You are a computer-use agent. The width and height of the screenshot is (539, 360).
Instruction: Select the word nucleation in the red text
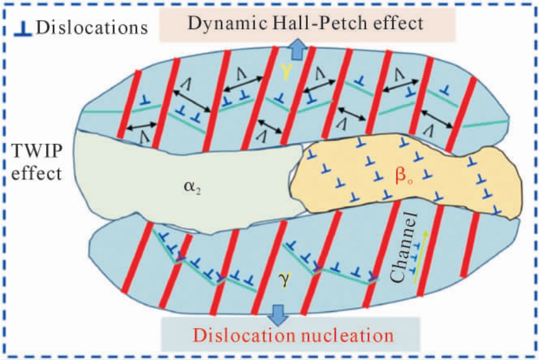point(347,335)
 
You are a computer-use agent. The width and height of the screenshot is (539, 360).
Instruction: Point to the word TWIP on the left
point(37,151)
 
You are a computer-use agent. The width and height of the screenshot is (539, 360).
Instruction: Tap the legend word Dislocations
point(92,27)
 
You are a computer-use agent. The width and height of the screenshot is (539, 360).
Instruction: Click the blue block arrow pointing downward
point(278,314)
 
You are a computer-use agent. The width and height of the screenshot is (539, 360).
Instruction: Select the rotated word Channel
point(402,247)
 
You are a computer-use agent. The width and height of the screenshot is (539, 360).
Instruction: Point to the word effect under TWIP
point(37,173)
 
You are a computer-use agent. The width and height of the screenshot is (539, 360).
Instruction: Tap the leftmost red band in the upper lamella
point(129,105)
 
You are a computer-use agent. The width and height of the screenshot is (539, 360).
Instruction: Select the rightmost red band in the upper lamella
point(461,115)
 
